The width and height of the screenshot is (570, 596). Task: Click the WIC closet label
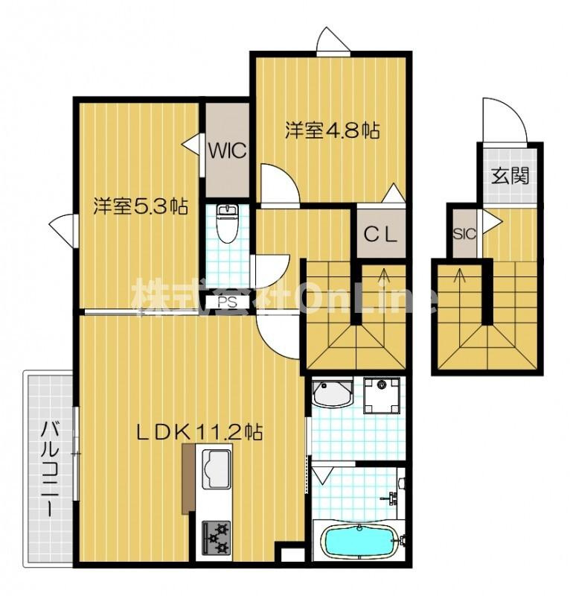228,151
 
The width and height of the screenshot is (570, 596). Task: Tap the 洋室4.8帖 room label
333,130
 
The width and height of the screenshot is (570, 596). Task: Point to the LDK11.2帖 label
199,432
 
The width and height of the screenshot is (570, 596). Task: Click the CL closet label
381,235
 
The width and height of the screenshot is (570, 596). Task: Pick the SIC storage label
464,234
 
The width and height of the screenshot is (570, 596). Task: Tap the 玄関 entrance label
510,176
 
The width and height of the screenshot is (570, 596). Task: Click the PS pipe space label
227,302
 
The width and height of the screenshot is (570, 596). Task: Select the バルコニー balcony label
49,469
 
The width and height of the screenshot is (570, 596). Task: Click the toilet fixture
227,223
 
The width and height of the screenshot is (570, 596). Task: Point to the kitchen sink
216,469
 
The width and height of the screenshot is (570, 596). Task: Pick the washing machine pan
381,396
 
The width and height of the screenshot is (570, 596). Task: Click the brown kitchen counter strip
188,479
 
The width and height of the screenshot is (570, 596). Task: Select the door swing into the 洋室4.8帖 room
281,184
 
